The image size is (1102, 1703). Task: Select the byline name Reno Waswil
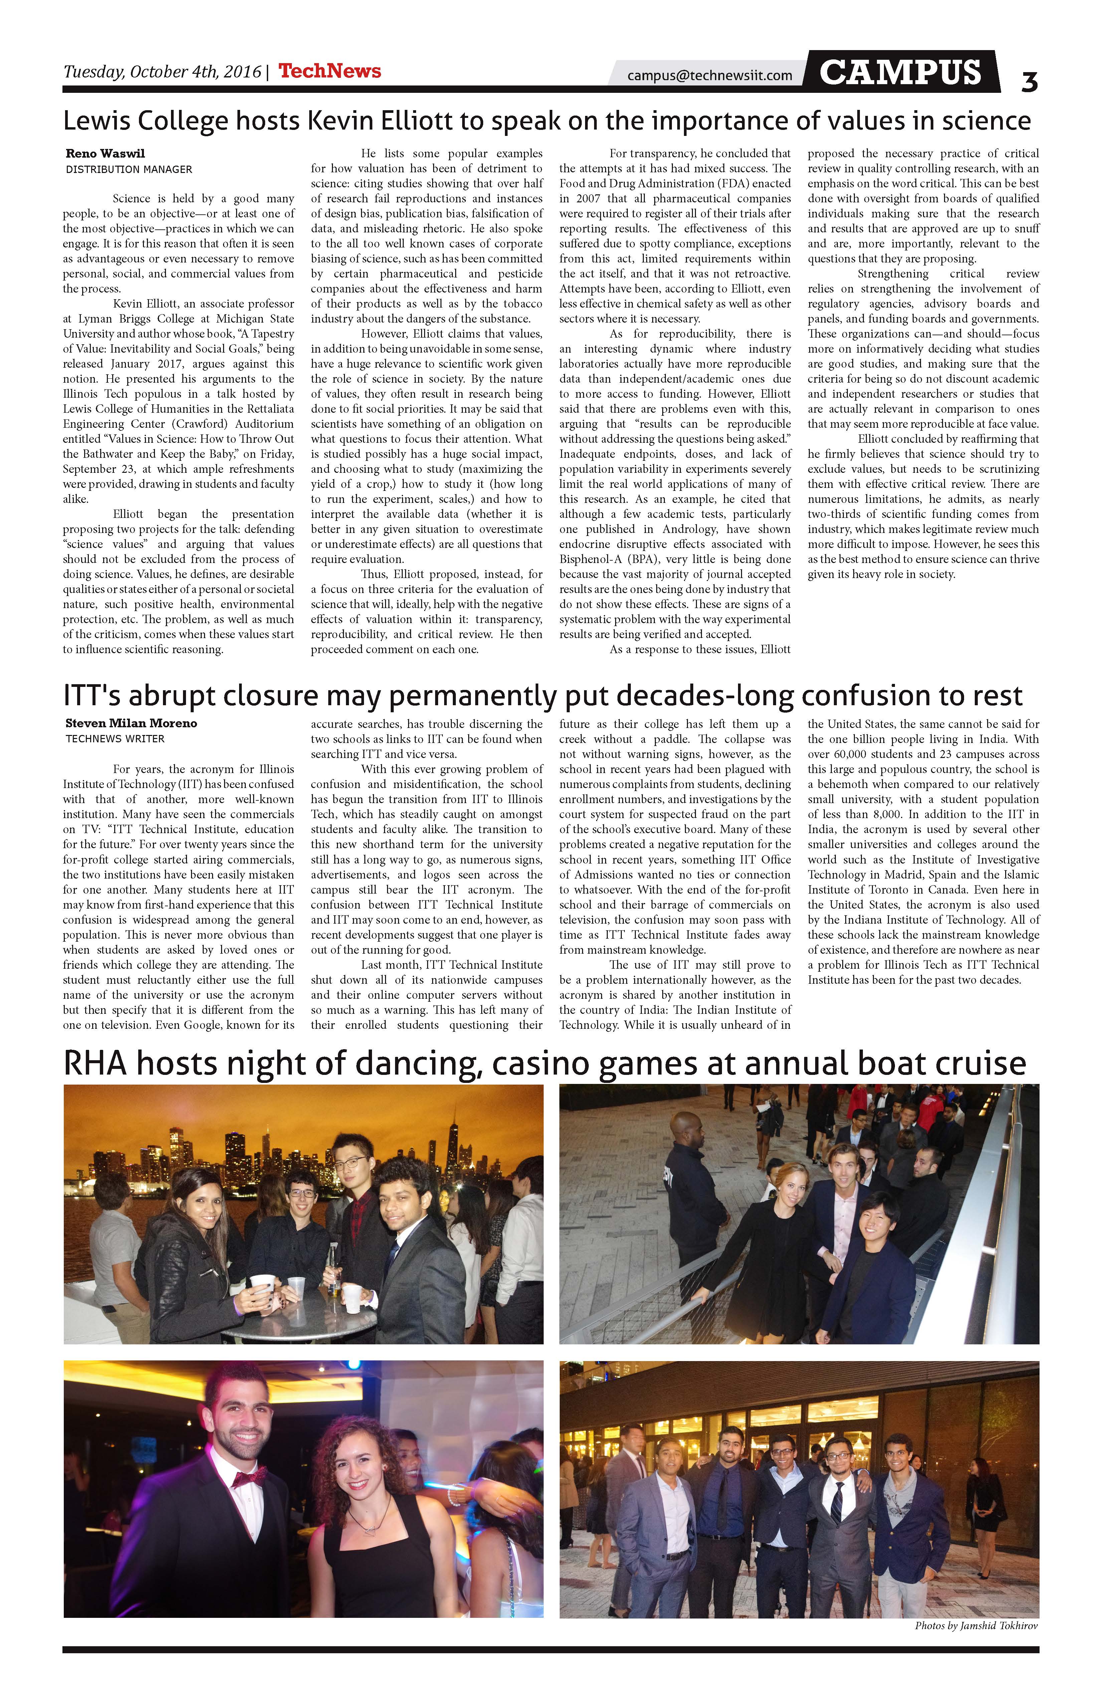coord(105,153)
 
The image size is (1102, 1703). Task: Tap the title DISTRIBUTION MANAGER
coord(129,170)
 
